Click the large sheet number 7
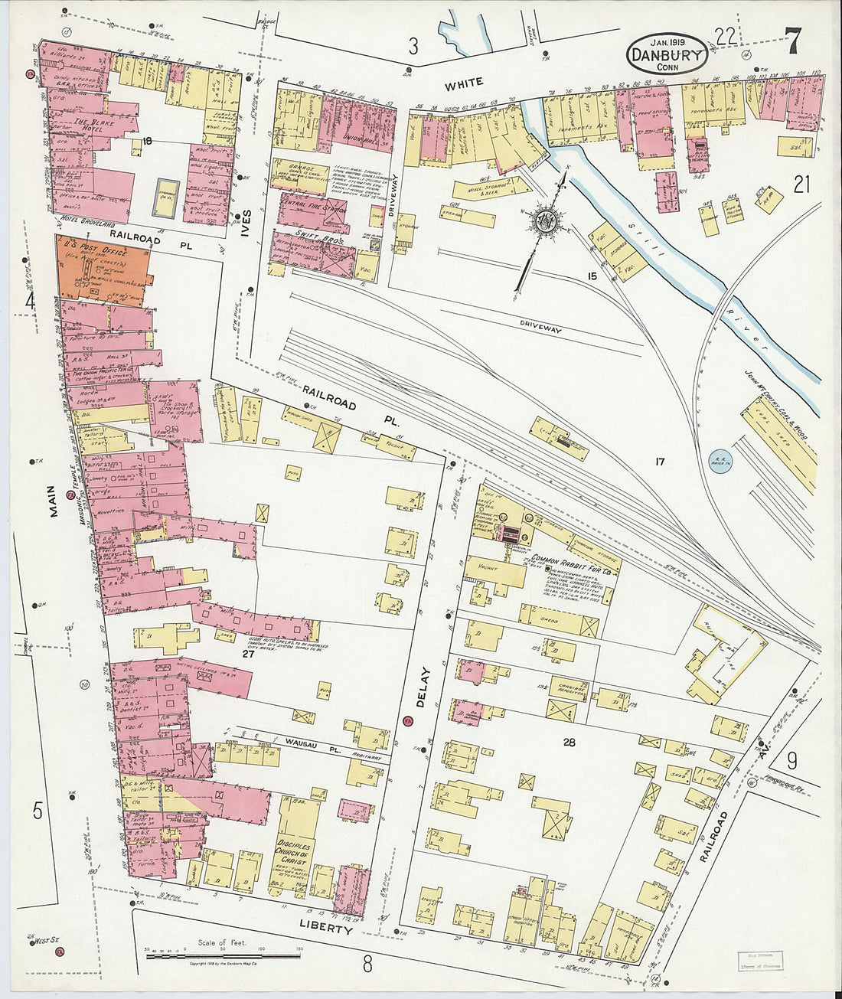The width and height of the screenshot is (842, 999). click(793, 41)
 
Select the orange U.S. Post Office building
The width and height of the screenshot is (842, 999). click(102, 269)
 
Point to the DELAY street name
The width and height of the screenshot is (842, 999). click(424, 687)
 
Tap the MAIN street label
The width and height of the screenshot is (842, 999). click(53, 501)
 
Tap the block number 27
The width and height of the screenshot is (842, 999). click(246, 654)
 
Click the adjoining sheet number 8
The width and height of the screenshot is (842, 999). click(367, 964)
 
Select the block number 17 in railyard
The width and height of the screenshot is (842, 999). click(659, 462)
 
